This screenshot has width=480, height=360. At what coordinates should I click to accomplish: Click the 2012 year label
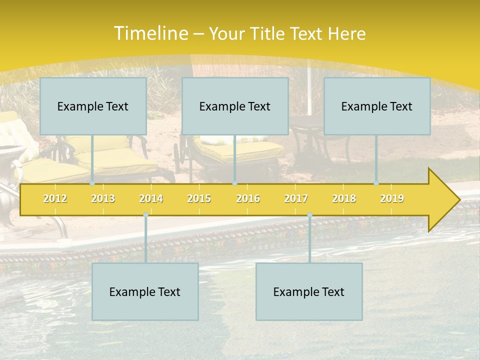(x=55, y=198)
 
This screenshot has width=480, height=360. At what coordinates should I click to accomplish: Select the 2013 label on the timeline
(x=103, y=198)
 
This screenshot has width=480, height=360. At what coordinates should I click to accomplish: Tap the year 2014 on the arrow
(x=151, y=198)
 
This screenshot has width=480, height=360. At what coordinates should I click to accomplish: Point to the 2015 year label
(x=199, y=198)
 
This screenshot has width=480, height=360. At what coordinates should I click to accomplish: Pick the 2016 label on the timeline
(x=248, y=198)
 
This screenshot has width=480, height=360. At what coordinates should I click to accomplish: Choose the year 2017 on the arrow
(x=296, y=198)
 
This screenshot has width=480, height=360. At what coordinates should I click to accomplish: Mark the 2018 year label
(x=344, y=198)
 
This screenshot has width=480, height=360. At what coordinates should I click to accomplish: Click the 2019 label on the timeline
(x=392, y=198)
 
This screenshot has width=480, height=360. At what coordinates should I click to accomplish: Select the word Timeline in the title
(x=150, y=33)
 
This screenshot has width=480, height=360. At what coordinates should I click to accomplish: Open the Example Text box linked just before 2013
(x=93, y=106)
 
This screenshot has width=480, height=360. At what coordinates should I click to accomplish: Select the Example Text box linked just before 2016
(x=235, y=106)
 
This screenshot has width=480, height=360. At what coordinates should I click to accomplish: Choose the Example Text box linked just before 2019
(x=377, y=106)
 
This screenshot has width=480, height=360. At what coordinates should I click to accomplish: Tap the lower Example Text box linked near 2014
(x=145, y=291)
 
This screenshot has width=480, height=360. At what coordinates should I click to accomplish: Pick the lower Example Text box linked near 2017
(x=309, y=291)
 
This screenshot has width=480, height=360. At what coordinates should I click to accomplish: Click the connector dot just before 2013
(x=92, y=183)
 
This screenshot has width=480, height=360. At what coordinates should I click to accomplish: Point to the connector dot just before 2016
(x=234, y=183)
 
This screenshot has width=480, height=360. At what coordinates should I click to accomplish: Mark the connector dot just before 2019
(x=376, y=183)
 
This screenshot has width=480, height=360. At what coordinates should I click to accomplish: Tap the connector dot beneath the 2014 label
(x=145, y=214)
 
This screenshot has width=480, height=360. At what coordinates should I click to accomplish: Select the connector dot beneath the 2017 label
(x=309, y=214)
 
